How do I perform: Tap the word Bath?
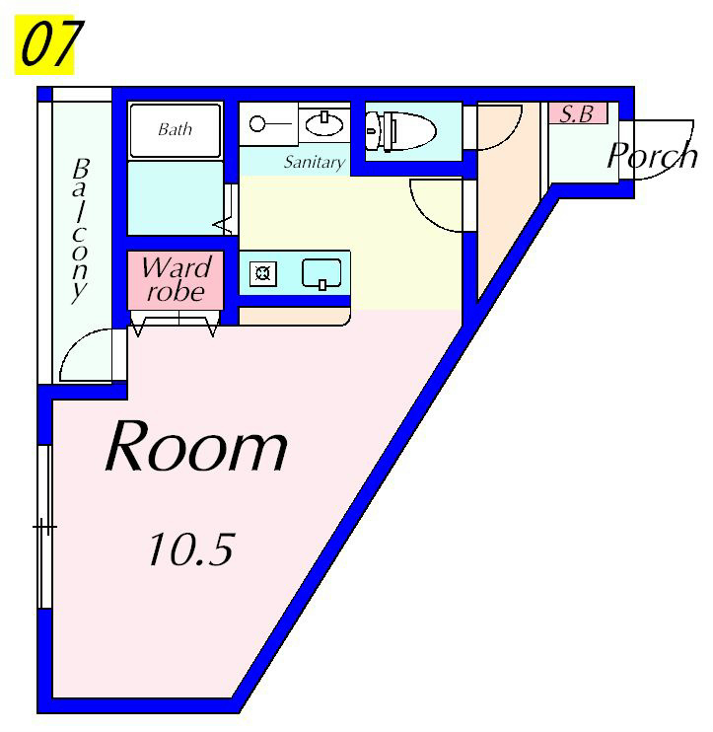tap(175, 129)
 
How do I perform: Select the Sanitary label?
tap(315, 162)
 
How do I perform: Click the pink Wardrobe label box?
tap(176, 279)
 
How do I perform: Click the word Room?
tap(196, 448)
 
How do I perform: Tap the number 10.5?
tap(190, 549)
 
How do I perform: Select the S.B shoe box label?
tap(577, 113)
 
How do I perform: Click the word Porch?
tap(651, 156)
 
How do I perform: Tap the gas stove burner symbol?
tap(263, 273)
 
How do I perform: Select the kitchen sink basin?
tap(321, 273)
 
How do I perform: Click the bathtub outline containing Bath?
tap(176, 129)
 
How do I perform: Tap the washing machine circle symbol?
tap(258, 123)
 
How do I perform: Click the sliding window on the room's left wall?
tap(43, 528)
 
